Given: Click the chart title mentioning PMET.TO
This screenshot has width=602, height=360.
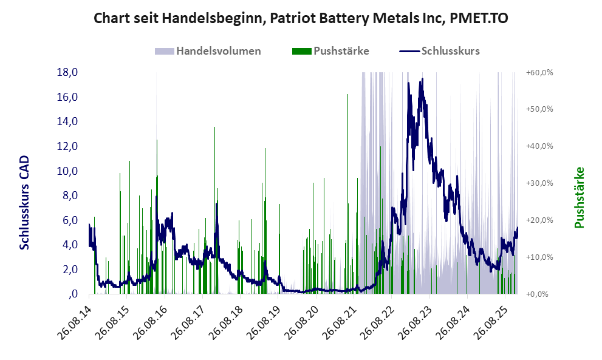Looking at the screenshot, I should (x=301, y=19).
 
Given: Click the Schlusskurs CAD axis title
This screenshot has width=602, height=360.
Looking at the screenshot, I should (x=25, y=202).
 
